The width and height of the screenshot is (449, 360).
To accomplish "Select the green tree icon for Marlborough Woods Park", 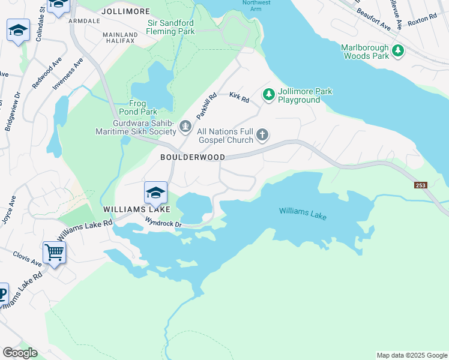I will coord(398,52).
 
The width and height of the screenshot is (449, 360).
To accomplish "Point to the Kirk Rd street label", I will coord(239,96).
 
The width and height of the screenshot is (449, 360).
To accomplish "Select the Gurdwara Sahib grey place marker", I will coord(186,127).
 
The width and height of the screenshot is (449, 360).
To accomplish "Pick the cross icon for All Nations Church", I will coord(262,135).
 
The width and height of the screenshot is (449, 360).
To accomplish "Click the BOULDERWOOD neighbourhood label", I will coord(192,157).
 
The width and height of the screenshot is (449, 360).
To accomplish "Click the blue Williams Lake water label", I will coord(303,212).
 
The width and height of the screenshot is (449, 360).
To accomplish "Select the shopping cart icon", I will coord(54,253).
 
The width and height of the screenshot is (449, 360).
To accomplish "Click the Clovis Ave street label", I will coord(28,259).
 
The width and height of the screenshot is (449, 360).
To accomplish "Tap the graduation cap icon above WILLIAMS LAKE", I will coord(155,193).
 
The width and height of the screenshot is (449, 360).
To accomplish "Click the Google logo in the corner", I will coord(20,353).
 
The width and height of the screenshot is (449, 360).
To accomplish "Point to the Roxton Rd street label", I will coord(422,20).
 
